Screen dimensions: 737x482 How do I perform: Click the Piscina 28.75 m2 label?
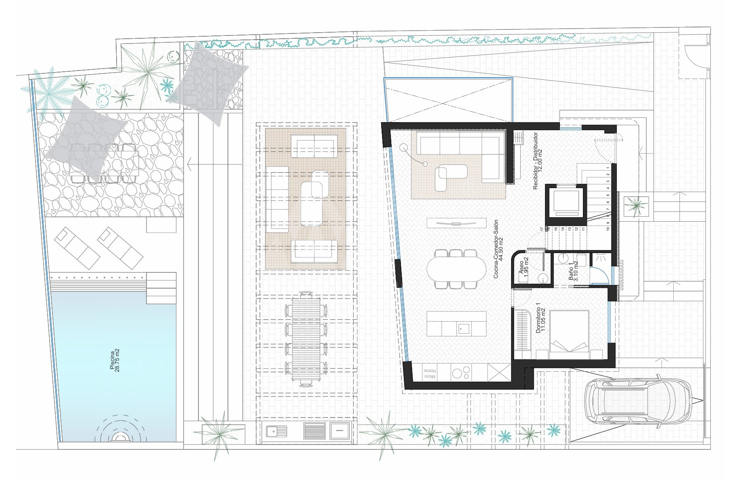point(115,360)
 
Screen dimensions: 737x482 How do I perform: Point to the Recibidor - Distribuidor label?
point(538,160)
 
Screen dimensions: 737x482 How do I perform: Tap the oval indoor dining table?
point(456,269)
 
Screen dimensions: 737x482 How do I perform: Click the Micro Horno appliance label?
point(430,373)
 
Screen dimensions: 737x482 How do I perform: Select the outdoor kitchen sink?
point(276,431)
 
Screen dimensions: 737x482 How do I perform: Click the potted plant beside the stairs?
point(636,206)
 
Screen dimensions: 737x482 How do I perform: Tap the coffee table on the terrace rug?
point(311,204)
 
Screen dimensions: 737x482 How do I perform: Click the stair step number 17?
point(542,229)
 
